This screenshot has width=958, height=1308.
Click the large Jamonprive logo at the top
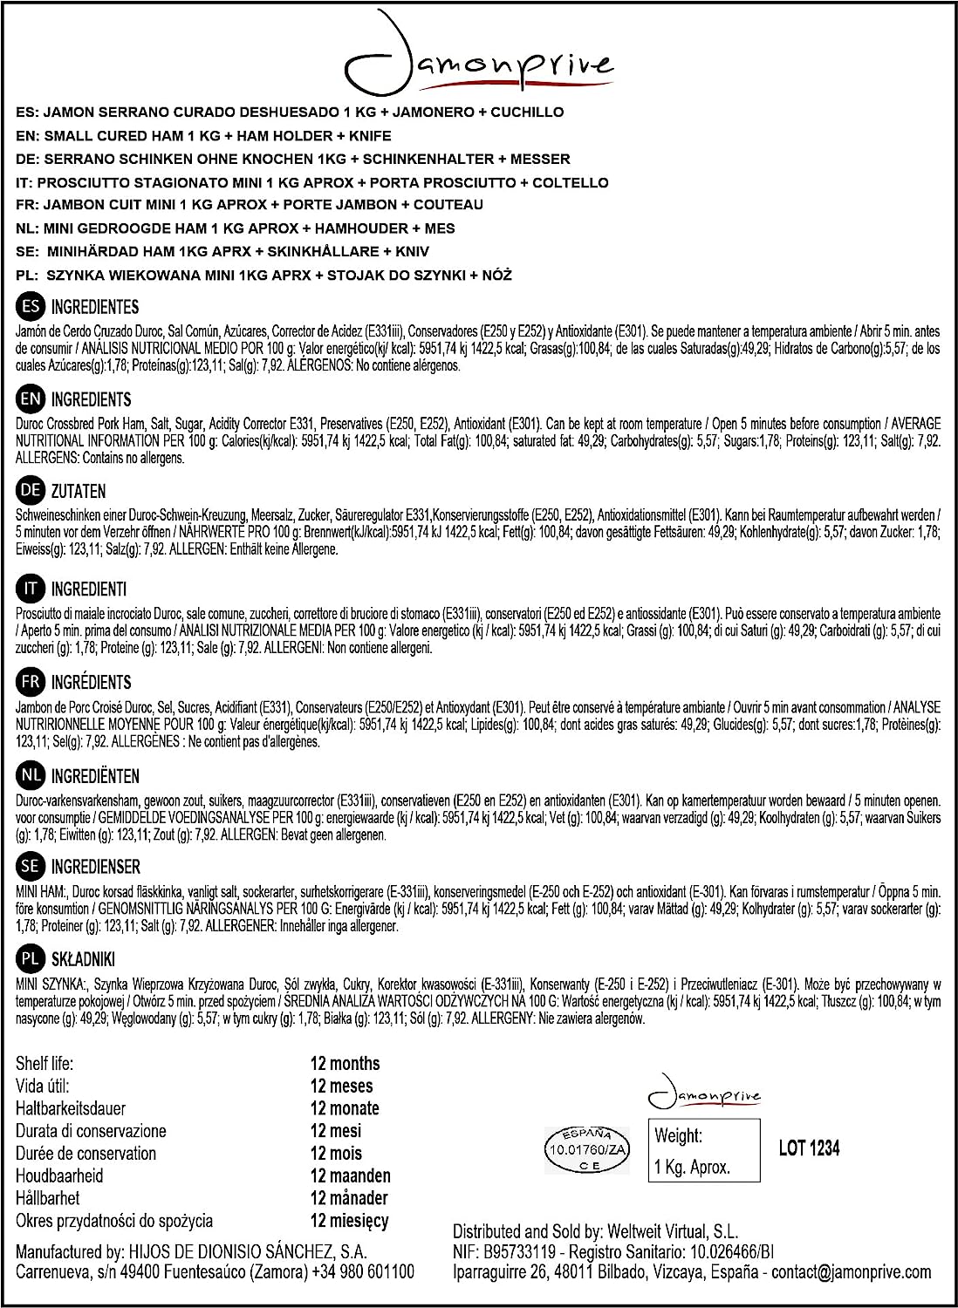click(x=479, y=59)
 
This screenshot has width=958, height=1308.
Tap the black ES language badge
click(x=31, y=307)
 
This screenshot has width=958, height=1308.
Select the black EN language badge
click(x=31, y=399)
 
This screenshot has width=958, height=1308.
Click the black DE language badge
click(x=31, y=491)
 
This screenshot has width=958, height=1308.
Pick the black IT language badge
click(x=31, y=589)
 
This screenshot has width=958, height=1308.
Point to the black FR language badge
click(x=31, y=682)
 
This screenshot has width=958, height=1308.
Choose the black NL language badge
click(x=31, y=775)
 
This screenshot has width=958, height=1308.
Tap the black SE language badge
click(x=31, y=867)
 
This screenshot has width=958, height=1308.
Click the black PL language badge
click(x=31, y=959)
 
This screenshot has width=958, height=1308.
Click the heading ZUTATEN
click(x=79, y=492)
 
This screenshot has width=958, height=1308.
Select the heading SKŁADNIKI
click(x=84, y=960)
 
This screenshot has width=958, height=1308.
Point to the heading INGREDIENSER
click(x=96, y=868)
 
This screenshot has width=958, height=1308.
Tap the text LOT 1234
click(x=809, y=1148)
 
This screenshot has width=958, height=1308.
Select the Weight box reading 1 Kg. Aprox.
click(x=703, y=1151)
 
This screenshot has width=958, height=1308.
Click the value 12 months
click(x=345, y=1064)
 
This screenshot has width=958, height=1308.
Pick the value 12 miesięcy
click(x=349, y=1221)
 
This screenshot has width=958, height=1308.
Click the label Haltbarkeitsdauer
click(x=71, y=1109)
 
